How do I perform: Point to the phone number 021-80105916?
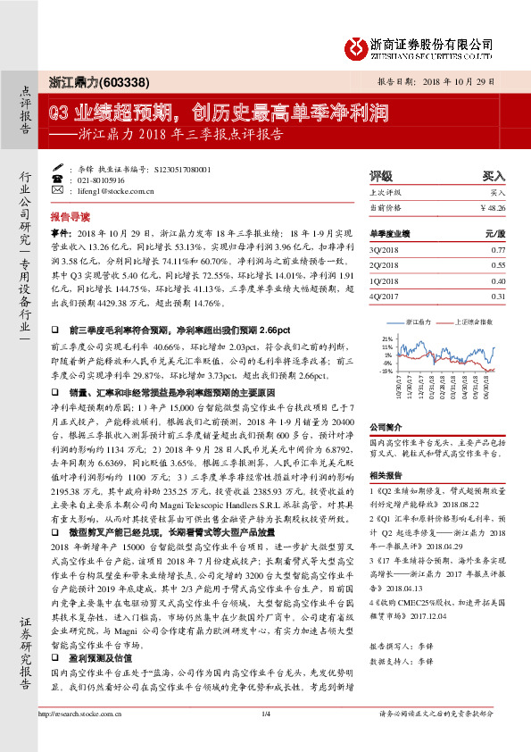click(110, 180)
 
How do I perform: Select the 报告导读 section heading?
click(70, 217)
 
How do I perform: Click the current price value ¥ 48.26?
click(493, 206)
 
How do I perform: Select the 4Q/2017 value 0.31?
click(498, 296)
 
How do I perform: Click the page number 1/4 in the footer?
click(265, 739)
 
